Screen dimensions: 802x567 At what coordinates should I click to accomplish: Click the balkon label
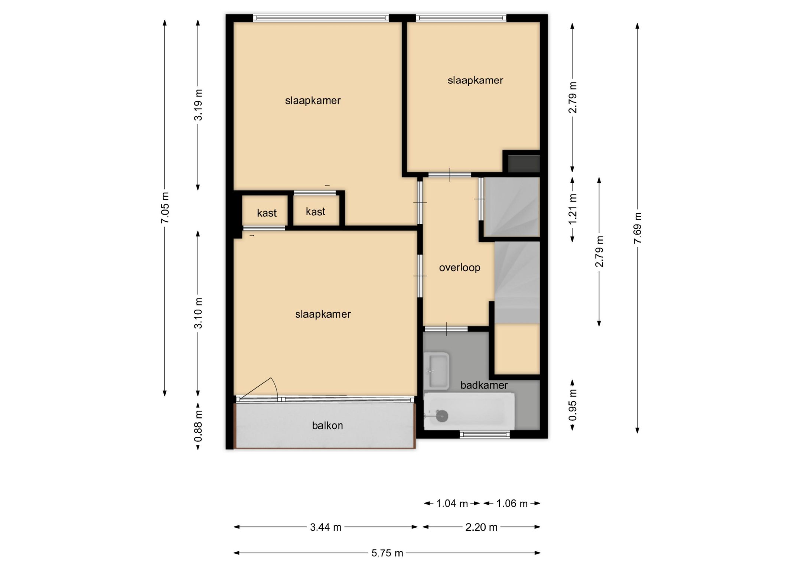(x=327, y=426)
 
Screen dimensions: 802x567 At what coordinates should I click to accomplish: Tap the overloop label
(x=460, y=268)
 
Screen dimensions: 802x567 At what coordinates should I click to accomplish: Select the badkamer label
(x=484, y=385)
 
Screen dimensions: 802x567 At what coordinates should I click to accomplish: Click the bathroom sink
(x=436, y=371)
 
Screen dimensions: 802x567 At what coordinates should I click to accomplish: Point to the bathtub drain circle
(x=442, y=416)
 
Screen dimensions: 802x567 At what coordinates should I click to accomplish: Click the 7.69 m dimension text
(x=638, y=228)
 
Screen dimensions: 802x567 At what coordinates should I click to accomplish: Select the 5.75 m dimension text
(x=387, y=553)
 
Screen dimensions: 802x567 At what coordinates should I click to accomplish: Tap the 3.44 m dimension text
(x=326, y=527)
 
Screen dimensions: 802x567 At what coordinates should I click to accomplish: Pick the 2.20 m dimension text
(x=481, y=527)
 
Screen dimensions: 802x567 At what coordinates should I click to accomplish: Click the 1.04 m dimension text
(x=452, y=504)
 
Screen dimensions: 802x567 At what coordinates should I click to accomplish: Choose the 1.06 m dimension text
(x=512, y=504)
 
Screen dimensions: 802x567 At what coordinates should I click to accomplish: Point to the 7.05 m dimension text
(x=165, y=208)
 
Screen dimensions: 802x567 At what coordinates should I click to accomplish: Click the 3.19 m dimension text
(x=198, y=105)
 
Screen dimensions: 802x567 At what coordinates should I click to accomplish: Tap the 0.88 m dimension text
(x=198, y=426)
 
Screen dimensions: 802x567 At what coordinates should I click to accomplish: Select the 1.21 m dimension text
(x=573, y=209)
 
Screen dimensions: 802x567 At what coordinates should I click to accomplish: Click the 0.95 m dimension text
(x=573, y=405)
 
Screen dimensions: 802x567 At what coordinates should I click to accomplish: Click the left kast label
(x=267, y=213)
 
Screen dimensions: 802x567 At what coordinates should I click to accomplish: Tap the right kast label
(x=315, y=212)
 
